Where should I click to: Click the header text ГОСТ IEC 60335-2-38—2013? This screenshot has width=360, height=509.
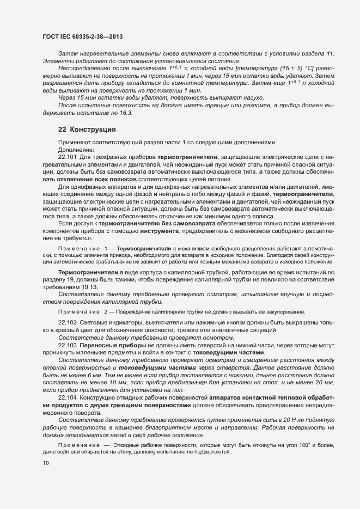click(82, 36)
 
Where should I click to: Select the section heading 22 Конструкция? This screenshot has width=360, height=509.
click(86, 130)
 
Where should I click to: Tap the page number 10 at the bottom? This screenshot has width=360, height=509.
click(45, 463)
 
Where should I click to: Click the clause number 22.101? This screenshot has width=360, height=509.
click(68, 157)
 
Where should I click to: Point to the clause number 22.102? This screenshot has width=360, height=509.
click(68, 323)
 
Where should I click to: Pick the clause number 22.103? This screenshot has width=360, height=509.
click(68, 345)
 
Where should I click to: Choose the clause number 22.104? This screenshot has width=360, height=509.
click(68, 398)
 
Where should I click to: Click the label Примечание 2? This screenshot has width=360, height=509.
click(83, 311)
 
